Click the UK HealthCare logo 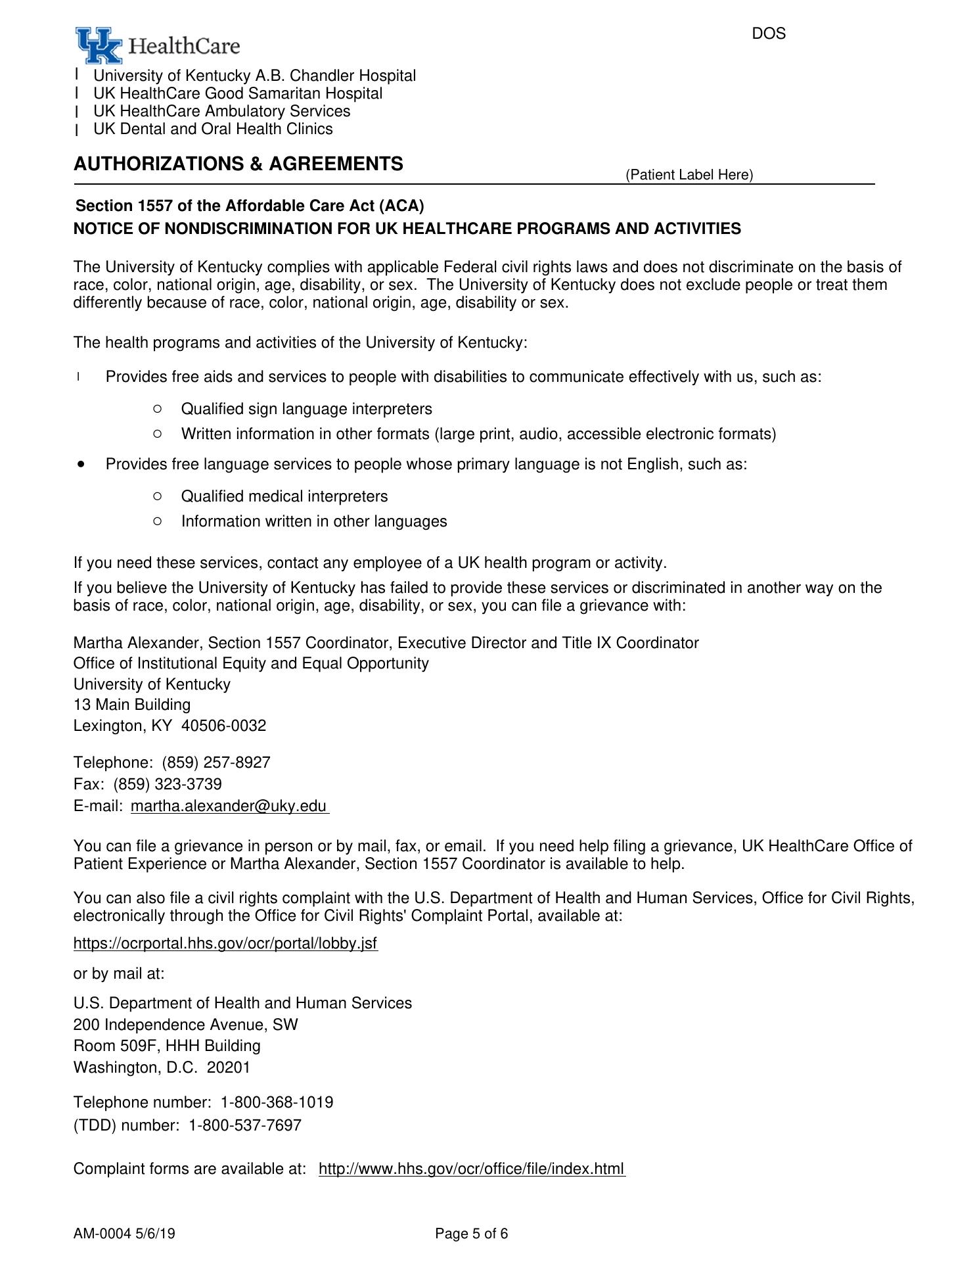pyautogui.click(x=157, y=45)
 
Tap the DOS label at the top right pyautogui.click(x=768, y=34)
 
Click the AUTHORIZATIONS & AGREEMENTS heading pyautogui.click(x=238, y=164)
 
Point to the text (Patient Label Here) pyautogui.click(x=689, y=175)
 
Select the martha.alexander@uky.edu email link pyautogui.click(x=229, y=806)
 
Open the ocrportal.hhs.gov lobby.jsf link pyautogui.click(x=225, y=944)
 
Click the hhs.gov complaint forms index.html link pyautogui.click(x=471, y=1169)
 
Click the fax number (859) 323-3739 pyautogui.click(x=168, y=784)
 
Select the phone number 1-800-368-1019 pyautogui.click(x=277, y=1102)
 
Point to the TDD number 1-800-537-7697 pyautogui.click(x=245, y=1125)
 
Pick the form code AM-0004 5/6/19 pyautogui.click(x=124, y=1234)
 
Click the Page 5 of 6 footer pyautogui.click(x=471, y=1234)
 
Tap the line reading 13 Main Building pyautogui.click(x=132, y=705)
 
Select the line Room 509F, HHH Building pyautogui.click(x=167, y=1046)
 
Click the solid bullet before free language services pyautogui.click(x=81, y=464)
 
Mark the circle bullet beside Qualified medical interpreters pyautogui.click(x=156, y=496)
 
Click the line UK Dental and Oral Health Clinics pyautogui.click(x=213, y=129)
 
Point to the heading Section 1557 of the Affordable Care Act pyautogui.click(x=250, y=206)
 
